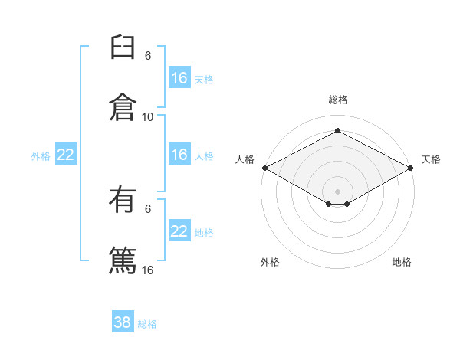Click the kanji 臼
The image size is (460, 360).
tap(123, 47)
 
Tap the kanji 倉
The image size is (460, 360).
tap(123, 107)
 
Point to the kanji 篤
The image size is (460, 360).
tap(123, 260)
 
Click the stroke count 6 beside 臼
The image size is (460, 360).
tap(148, 56)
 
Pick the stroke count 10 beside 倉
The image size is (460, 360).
tap(147, 117)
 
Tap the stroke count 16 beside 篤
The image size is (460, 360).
tap(147, 270)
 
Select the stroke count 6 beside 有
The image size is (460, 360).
tap(148, 209)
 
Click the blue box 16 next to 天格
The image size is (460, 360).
tap(179, 77)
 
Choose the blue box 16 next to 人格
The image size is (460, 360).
tap(179, 154)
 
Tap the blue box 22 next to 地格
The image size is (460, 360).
tap(179, 230)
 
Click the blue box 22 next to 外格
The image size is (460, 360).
tap(66, 154)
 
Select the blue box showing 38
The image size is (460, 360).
tap(123, 321)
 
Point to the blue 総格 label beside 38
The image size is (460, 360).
tap(147, 324)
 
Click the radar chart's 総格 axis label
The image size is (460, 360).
tap(338, 100)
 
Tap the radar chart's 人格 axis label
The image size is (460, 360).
tap(245, 159)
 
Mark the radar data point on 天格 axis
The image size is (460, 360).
tap(411, 168)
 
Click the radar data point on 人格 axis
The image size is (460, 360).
tap(265, 168)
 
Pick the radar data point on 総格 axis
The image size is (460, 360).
tap(337, 130)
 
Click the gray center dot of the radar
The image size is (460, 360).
tap(337, 191)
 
